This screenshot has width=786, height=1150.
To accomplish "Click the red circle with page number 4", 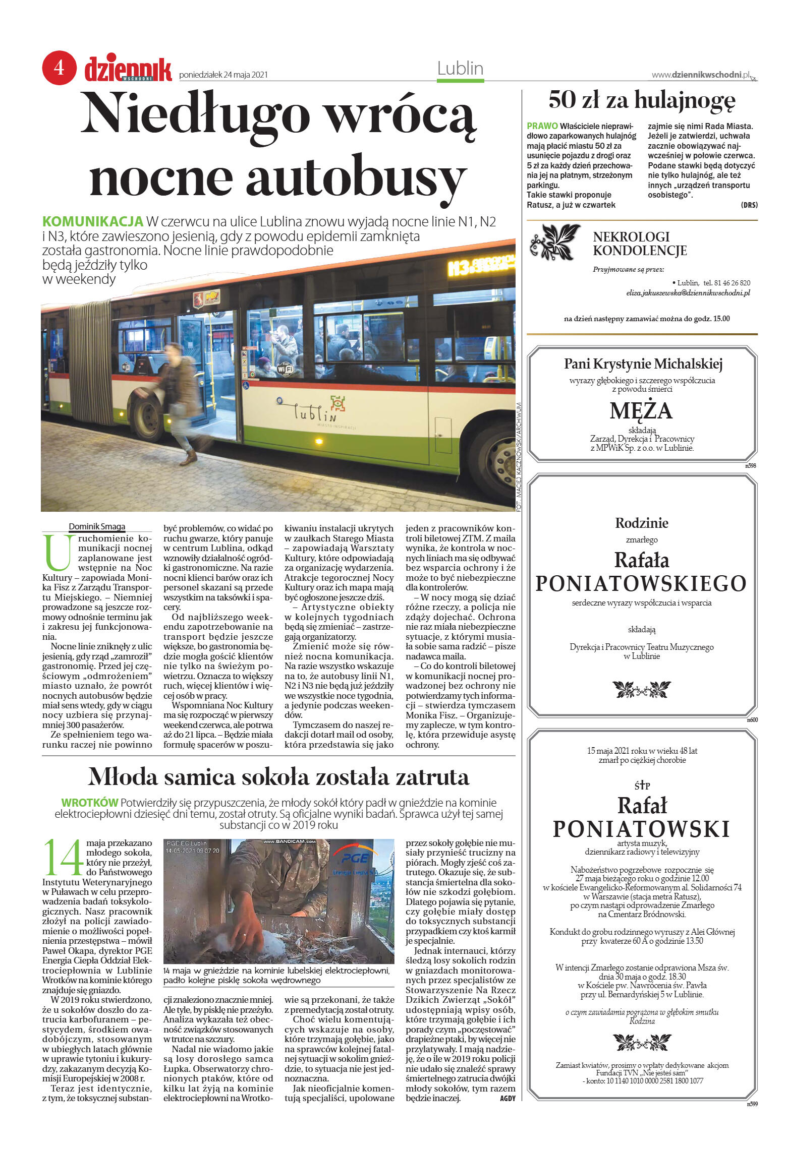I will (x=59, y=67).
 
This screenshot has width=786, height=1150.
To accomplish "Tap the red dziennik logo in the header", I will (x=128, y=70).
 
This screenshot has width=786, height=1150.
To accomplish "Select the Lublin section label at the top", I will (x=460, y=69).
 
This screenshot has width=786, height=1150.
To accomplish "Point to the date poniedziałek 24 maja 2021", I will (x=223, y=75).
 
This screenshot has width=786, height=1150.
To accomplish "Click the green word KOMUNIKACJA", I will (x=93, y=221).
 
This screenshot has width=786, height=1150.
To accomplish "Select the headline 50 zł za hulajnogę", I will (x=642, y=99).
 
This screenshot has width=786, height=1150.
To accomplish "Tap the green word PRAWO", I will (x=542, y=126).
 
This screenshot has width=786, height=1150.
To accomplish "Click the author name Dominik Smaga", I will (x=97, y=526).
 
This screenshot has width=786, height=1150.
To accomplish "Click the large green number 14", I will (x=63, y=858).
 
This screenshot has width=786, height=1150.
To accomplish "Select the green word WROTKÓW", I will (x=89, y=802).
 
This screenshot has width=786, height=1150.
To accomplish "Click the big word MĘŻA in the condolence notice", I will (x=641, y=410).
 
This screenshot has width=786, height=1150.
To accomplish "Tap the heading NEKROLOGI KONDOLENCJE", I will (x=639, y=244).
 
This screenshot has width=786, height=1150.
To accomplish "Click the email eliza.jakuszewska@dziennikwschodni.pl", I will (x=688, y=293).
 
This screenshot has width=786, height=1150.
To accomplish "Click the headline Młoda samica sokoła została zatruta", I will (x=278, y=777).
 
